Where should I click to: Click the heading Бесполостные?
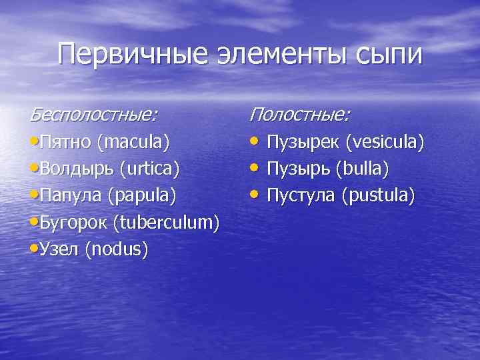coord(94,115)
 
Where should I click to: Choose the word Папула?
coord(71,195)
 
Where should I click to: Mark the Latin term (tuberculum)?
coord(168,222)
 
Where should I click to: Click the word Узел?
coord(57,249)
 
